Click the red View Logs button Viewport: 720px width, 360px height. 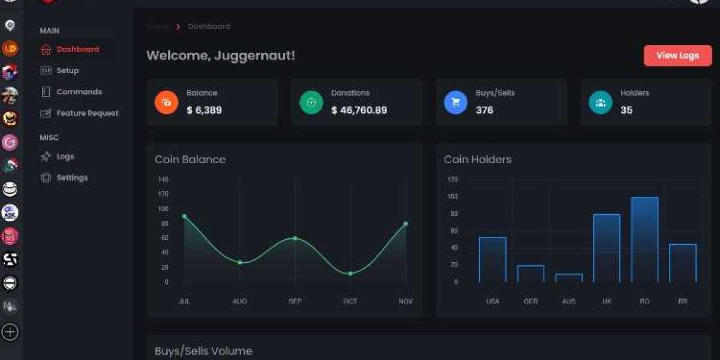pyautogui.click(x=677, y=56)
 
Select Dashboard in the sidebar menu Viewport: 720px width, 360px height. pyautogui.click(x=77, y=49)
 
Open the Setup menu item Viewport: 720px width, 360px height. pyautogui.click(x=67, y=71)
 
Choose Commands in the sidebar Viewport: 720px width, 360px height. pyautogui.click(x=79, y=92)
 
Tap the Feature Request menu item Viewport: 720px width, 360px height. pyautogui.click(x=87, y=113)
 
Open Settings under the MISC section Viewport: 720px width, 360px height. pyautogui.click(x=72, y=178)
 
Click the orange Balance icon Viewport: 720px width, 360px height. pyautogui.click(x=166, y=103)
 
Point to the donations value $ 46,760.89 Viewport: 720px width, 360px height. pyautogui.click(x=359, y=110)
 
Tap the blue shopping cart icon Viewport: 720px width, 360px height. pyautogui.click(x=455, y=103)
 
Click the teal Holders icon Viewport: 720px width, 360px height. pyautogui.click(x=600, y=103)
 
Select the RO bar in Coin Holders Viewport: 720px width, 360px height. pyautogui.click(x=644, y=239)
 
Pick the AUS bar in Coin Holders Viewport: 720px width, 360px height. pyautogui.click(x=569, y=278)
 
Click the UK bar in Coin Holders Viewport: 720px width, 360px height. pyautogui.click(x=607, y=248)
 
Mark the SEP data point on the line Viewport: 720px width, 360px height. pyautogui.click(x=295, y=238)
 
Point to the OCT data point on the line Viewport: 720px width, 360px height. pyautogui.click(x=350, y=274)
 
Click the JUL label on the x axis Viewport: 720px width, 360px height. pyautogui.click(x=184, y=301)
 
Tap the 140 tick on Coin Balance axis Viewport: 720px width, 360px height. pyautogui.click(x=163, y=179)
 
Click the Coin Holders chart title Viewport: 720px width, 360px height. pyautogui.click(x=478, y=160)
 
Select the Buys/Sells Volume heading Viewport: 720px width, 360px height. pyautogui.click(x=203, y=351)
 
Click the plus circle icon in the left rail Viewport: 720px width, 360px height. pyautogui.click(x=10, y=332)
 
